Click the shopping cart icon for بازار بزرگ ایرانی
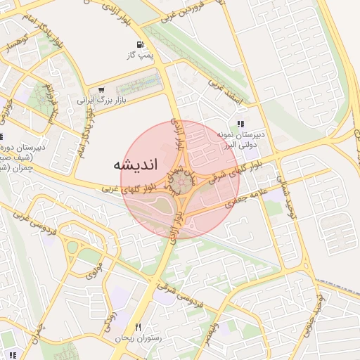pyautogui.click(x=102, y=90)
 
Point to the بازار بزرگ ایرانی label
pyautogui.click(x=94, y=100)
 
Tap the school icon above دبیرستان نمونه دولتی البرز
pyautogui.click(x=240, y=124)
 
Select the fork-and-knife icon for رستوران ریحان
pyautogui.click(x=138, y=328)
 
